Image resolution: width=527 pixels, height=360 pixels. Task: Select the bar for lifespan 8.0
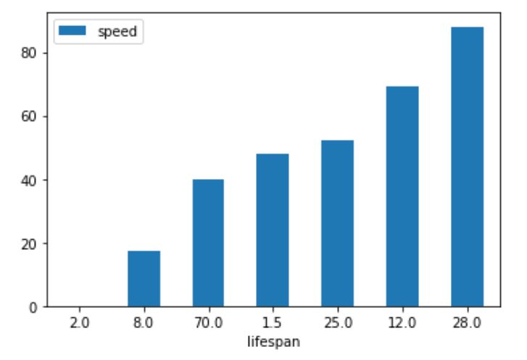[x=144, y=279]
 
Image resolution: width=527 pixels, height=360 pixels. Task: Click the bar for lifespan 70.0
[x=208, y=243]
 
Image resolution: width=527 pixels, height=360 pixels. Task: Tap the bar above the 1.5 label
[x=273, y=230]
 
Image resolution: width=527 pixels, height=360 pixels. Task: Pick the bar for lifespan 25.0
[x=337, y=223]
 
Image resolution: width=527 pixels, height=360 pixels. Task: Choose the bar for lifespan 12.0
[x=402, y=196]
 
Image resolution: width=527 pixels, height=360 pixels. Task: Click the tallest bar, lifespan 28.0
[x=467, y=167]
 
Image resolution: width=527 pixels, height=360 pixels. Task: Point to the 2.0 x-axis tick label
[x=79, y=322]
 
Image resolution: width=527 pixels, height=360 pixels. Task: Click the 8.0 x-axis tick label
[x=144, y=322]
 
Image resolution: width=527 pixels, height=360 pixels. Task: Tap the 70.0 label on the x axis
[x=208, y=322]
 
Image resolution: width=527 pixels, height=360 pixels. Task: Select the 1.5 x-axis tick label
[x=273, y=322]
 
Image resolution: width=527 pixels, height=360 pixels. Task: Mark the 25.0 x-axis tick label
[x=337, y=322]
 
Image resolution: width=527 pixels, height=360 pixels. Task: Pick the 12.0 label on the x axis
[x=402, y=322]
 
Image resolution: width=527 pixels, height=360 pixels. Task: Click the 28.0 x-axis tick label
[x=467, y=322]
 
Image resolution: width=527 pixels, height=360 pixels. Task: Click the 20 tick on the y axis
[x=30, y=243]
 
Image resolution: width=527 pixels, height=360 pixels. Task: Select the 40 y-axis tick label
[x=30, y=180]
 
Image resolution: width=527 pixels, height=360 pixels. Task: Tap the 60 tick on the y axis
[x=30, y=117]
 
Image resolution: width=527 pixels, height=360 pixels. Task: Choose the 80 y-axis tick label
[x=30, y=53]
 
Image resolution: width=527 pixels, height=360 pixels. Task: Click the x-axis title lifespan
[x=273, y=340]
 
